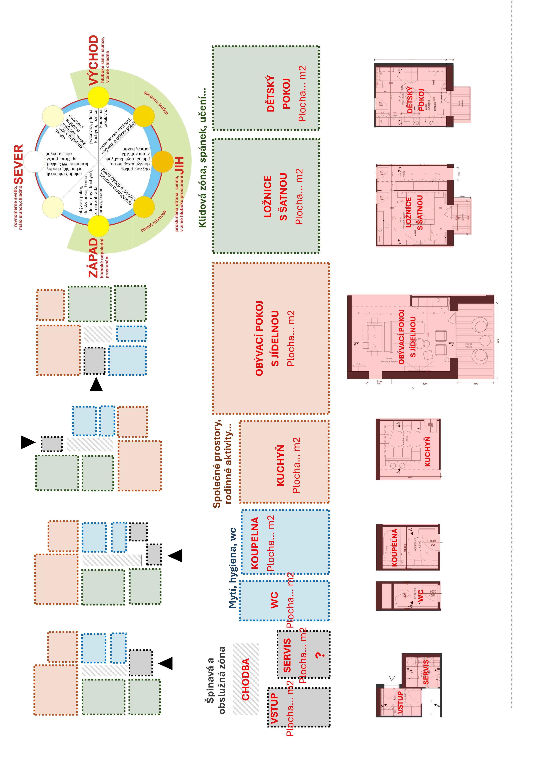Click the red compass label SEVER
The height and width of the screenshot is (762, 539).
click(19, 164)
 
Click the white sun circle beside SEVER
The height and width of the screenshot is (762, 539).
click(35, 162)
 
